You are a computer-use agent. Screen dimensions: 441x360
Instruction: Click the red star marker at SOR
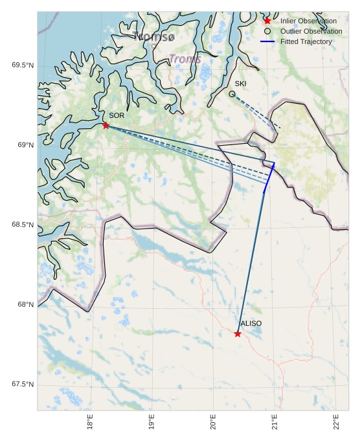click(x=106, y=125)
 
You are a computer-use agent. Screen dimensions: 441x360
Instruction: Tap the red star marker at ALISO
click(x=238, y=334)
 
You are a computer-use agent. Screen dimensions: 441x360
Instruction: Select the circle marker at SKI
click(x=232, y=94)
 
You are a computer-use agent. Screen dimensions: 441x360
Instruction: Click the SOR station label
click(x=117, y=115)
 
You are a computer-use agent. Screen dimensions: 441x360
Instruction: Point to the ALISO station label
click(x=251, y=323)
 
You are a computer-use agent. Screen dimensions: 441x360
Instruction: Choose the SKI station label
click(x=240, y=84)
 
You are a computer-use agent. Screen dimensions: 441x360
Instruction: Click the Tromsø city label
click(x=153, y=36)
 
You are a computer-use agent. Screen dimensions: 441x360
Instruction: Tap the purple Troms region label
click(x=185, y=59)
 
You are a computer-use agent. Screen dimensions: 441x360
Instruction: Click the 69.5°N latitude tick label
click(x=23, y=65)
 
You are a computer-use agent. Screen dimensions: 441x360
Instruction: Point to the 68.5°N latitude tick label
click(x=23, y=225)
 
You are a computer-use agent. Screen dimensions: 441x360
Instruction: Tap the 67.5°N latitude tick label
click(x=23, y=385)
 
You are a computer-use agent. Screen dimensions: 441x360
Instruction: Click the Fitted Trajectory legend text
click(x=306, y=41)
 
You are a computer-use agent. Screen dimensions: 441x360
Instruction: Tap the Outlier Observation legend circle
click(x=267, y=31)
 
